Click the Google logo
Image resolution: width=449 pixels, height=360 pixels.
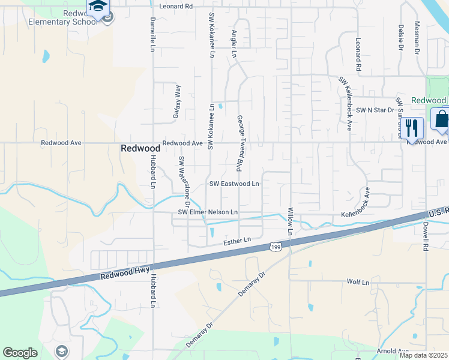[20, 353]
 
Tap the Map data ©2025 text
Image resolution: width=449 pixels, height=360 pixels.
[423, 355]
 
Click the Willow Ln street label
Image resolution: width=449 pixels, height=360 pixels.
[291, 220]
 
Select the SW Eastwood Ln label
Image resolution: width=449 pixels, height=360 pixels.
[234, 184]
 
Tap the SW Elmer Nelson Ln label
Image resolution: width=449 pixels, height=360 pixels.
[208, 212]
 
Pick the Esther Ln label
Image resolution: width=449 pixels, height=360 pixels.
[236, 241]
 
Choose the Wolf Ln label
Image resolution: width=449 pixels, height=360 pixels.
[358, 281]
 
